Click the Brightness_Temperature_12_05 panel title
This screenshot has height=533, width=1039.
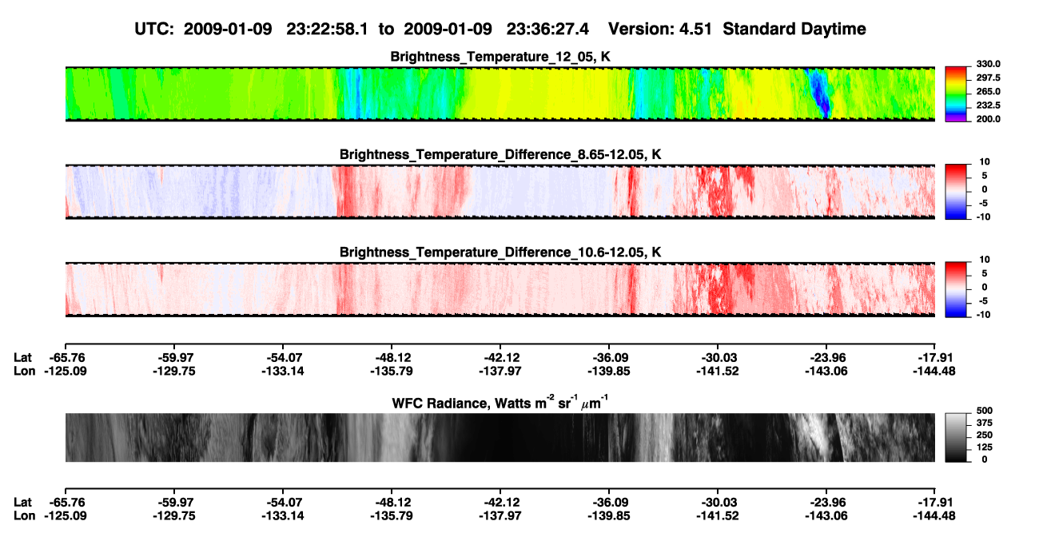500,57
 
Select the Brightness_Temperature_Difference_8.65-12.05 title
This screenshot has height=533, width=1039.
500,154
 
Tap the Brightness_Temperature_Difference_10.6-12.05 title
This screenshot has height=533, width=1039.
500,253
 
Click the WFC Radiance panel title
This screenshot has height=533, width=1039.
500,403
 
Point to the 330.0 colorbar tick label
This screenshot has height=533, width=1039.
988,64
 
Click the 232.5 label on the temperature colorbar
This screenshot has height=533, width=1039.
988,105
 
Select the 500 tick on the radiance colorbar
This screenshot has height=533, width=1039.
985,411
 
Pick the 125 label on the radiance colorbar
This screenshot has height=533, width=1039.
985,447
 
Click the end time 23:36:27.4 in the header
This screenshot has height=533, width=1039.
547,30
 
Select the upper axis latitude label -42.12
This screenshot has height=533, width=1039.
500,358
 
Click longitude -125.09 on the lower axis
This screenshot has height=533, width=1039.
66,516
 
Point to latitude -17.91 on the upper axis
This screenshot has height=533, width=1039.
934,358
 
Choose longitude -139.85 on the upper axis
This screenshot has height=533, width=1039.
608,371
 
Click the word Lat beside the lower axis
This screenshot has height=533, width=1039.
22,503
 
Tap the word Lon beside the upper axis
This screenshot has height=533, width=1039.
24,371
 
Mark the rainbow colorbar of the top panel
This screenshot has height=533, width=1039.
956,94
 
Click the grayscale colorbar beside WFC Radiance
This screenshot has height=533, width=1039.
956,437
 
